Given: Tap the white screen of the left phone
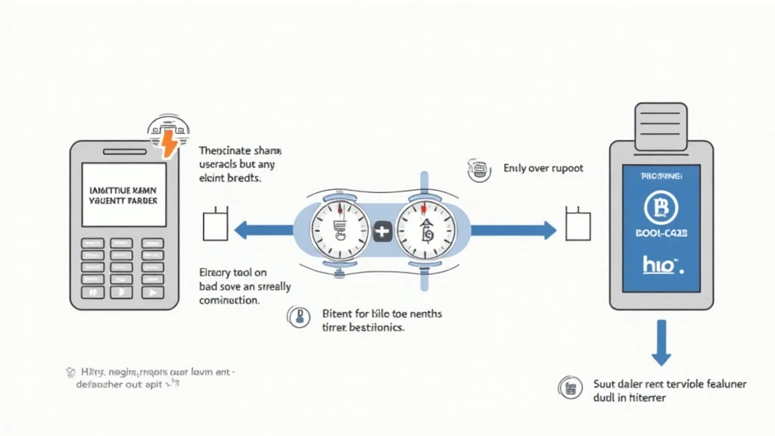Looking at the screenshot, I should pos(123,194).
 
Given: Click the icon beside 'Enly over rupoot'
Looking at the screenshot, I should pos(478,170).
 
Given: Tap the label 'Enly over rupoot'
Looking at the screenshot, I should pos(543,169).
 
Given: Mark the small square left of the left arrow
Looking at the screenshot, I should pos(215,226).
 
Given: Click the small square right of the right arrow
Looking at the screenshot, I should pos(578,226).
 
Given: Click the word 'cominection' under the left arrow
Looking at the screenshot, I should pos(230,301).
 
